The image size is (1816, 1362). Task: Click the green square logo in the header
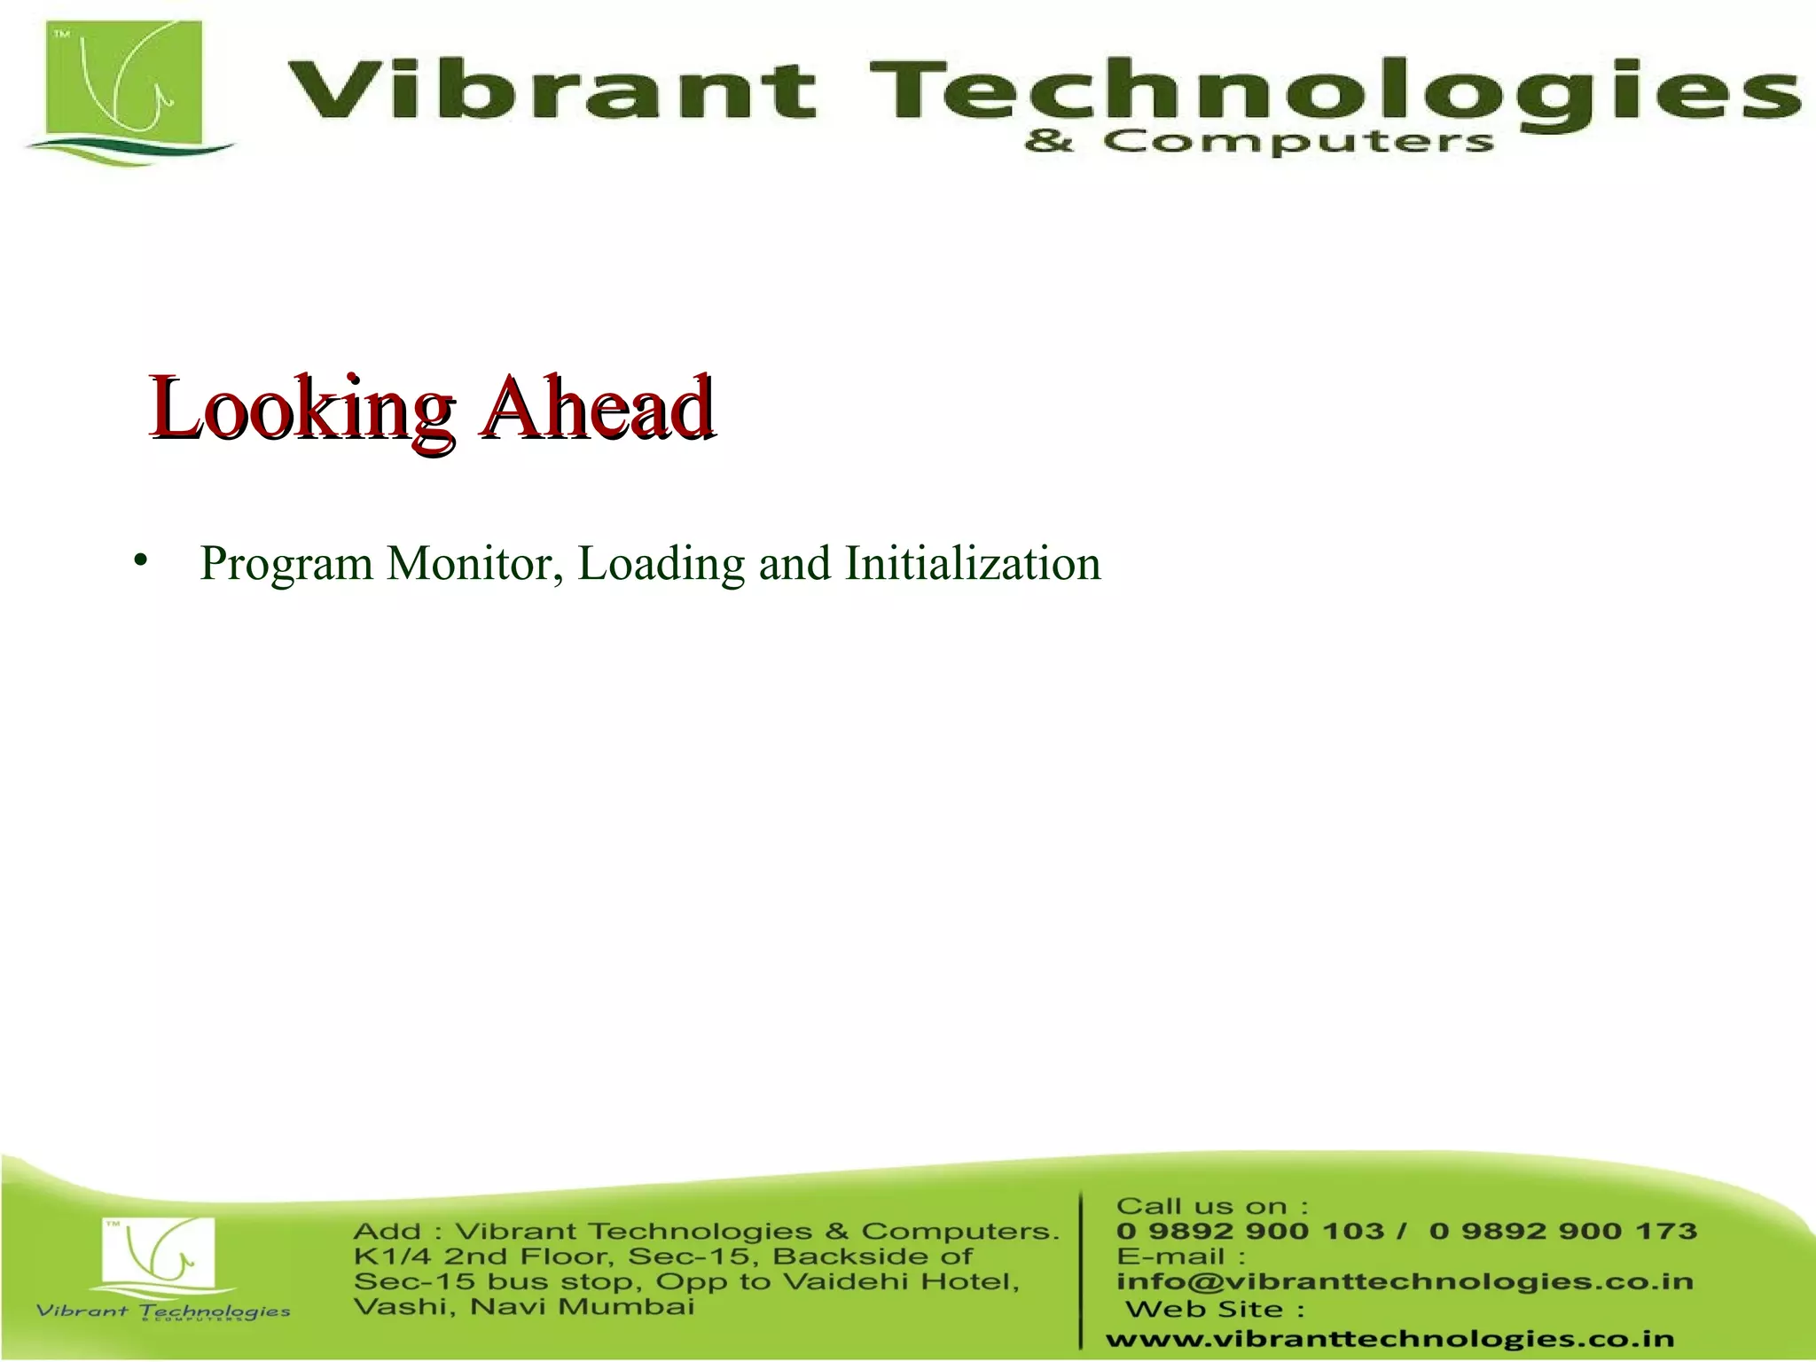[126, 89]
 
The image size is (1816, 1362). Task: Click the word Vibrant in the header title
[551, 90]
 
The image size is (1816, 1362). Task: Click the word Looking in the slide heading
[301, 409]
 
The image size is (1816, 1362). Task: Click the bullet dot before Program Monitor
[140, 561]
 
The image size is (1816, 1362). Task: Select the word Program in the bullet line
[286, 564]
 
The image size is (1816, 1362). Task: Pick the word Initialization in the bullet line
[973, 563]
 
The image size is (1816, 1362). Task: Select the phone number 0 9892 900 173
[1563, 1231]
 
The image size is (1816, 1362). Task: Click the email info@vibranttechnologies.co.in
[1405, 1281]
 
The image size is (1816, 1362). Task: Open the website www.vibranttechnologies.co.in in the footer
[1389, 1339]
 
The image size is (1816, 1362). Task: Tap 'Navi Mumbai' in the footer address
[583, 1307]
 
